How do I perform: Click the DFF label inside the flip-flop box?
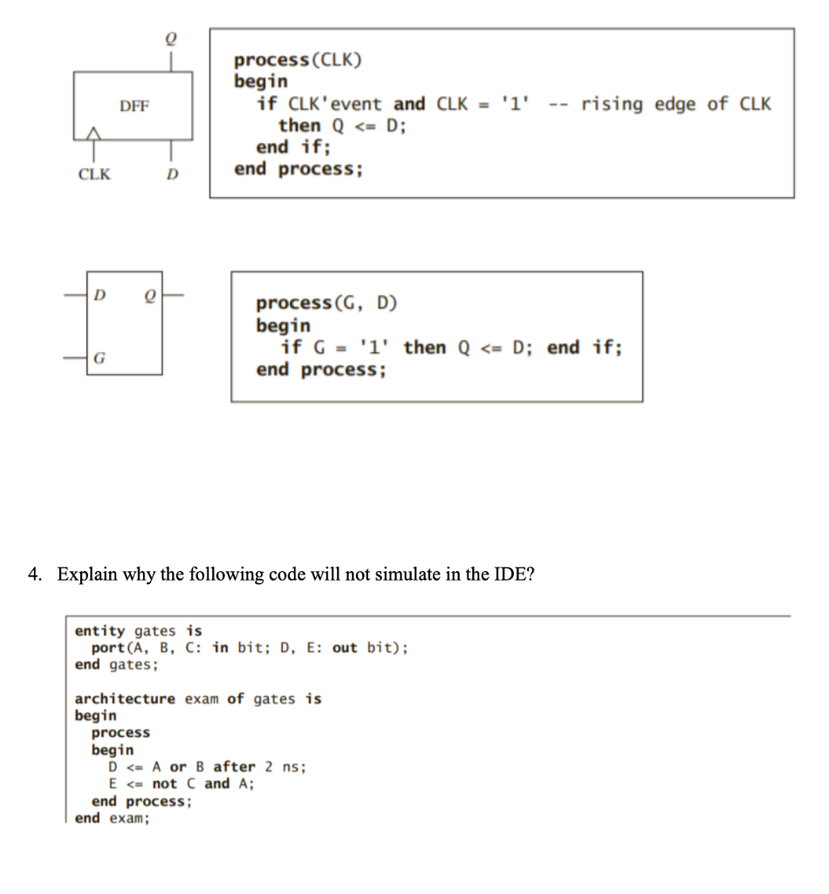(134, 107)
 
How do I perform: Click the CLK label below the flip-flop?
(94, 173)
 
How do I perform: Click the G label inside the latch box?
(101, 357)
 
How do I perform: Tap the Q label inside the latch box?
(150, 295)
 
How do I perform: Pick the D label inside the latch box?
(101, 295)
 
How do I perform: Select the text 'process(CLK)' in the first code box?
(298, 60)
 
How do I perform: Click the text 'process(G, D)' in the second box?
(325, 304)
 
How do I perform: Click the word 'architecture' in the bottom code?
(125, 698)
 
